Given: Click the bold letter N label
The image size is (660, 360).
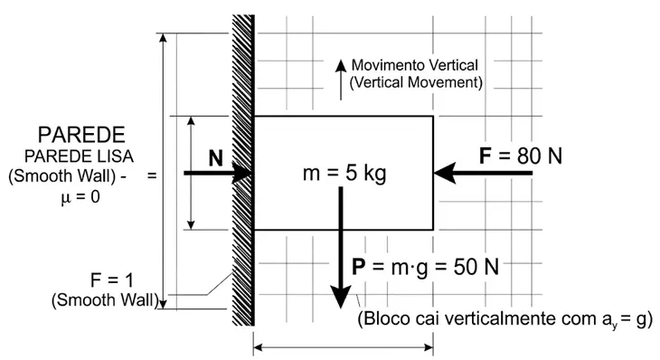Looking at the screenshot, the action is (x=215, y=158).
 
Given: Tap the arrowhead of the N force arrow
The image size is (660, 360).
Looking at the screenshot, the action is (x=242, y=173).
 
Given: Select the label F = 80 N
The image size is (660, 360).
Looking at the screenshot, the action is (x=520, y=156).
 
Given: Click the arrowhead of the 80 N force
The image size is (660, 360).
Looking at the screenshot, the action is (x=445, y=173).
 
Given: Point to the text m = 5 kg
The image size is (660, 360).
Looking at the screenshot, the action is (x=344, y=173).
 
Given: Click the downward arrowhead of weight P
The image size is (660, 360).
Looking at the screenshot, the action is (x=341, y=297).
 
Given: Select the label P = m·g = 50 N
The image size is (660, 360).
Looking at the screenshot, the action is (x=425, y=267).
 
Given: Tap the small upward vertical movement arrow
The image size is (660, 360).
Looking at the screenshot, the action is (x=341, y=80).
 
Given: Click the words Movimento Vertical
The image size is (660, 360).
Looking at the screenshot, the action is (x=415, y=65).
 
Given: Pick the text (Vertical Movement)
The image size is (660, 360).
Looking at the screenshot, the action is (x=416, y=82).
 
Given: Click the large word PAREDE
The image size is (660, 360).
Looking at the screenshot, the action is (x=81, y=135).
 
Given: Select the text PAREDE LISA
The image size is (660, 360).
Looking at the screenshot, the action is (x=79, y=156).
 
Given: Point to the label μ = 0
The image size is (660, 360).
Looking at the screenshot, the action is (x=80, y=196).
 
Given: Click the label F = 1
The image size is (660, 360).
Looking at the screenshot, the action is (x=111, y=280).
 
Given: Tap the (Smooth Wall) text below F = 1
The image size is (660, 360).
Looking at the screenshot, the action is (x=105, y=300).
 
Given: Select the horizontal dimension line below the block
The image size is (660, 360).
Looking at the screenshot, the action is (x=343, y=348).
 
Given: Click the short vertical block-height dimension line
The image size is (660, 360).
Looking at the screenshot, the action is (x=191, y=173).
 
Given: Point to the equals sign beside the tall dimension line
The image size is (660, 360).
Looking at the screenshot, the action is (x=152, y=175).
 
